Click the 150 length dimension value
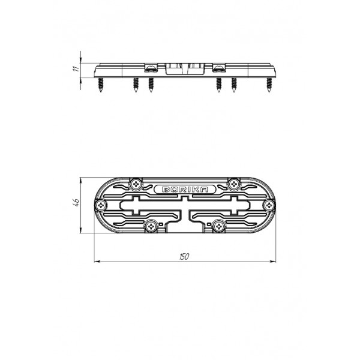click(184, 257)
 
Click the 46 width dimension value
click(76, 202)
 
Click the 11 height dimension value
click(76, 68)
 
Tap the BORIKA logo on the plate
click(185, 190)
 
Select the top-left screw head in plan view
click(136, 184)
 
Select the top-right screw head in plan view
click(234, 184)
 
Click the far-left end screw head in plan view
click(101, 205)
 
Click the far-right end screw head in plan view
click(269, 205)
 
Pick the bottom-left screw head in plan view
click(151, 227)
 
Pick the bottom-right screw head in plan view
click(219, 227)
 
